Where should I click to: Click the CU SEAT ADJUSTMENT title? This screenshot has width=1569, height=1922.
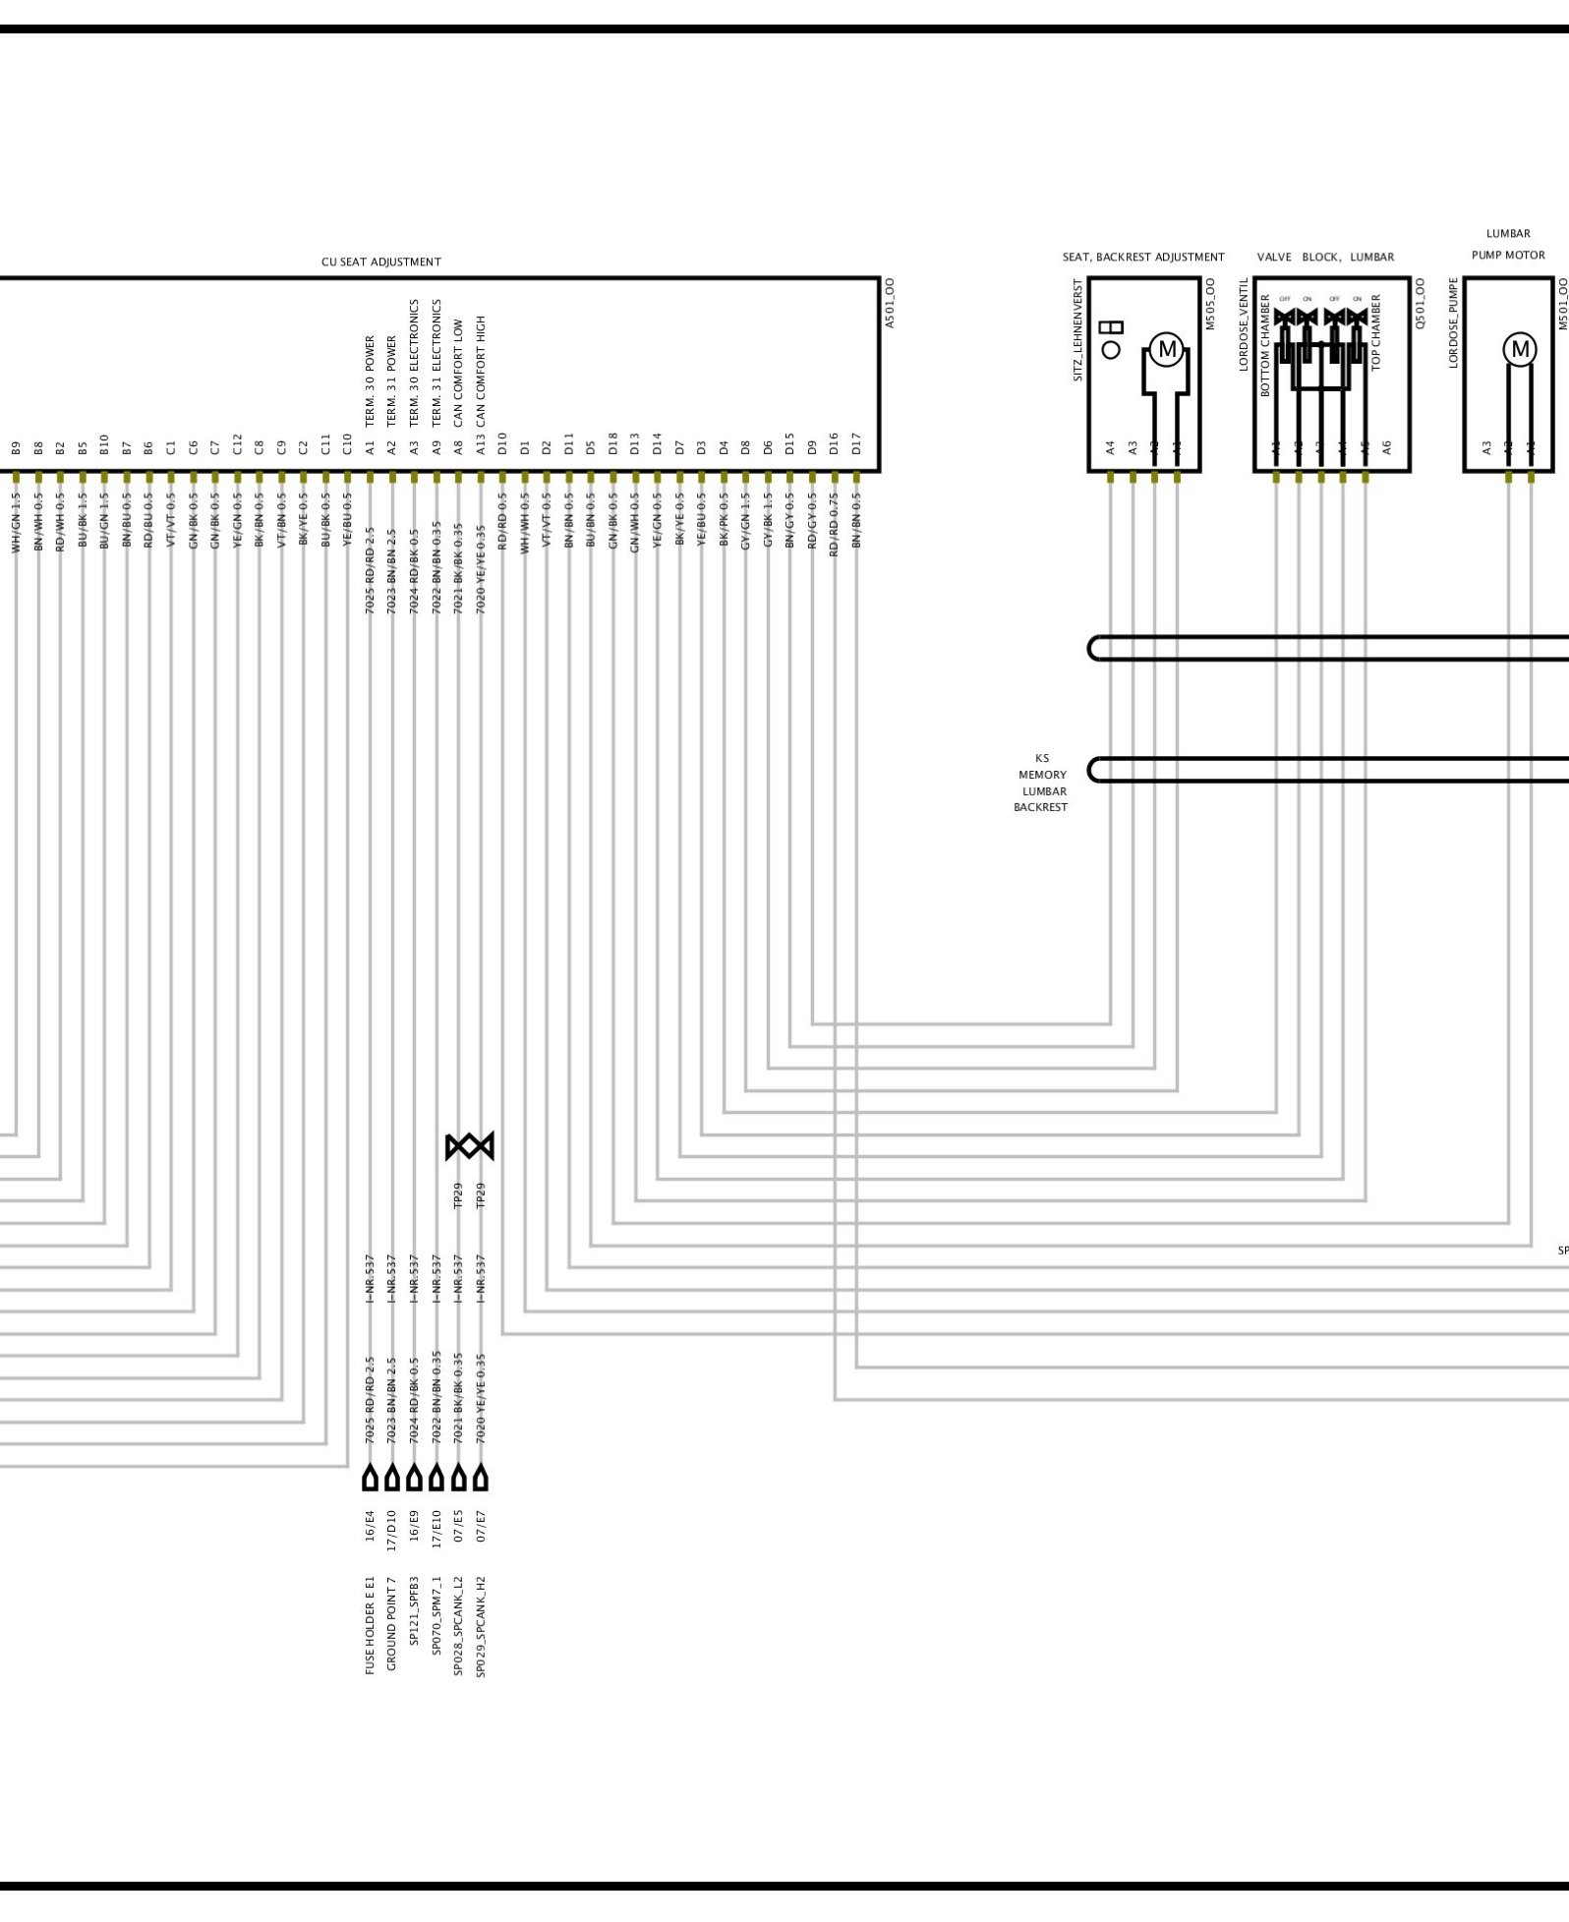(x=380, y=262)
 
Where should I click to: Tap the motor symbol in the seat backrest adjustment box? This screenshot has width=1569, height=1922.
(x=1167, y=349)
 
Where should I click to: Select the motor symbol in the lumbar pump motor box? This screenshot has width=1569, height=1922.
(x=1520, y=349)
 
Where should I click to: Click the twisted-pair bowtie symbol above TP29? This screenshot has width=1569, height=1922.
(x=469, y=1146)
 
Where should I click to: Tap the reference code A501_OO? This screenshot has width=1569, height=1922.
(x=890, y=303)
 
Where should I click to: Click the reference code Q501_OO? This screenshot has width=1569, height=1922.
(x=1421, y=303)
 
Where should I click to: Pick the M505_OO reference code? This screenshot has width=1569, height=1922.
(x=1210, y=303)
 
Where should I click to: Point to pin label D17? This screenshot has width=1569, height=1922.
(x=856, y=443)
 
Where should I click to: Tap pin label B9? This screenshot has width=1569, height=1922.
(x=17, y=447)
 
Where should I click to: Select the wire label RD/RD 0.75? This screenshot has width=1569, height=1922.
(x=834, y=525)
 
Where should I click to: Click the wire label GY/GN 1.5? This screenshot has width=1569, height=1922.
(x=745, y=521)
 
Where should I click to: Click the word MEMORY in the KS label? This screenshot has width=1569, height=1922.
(x=1042, y=775)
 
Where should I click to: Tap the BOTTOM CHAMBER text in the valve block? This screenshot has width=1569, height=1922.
(x=1266, y=345)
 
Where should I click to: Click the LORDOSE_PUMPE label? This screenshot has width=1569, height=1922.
(x=1454, y=323)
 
